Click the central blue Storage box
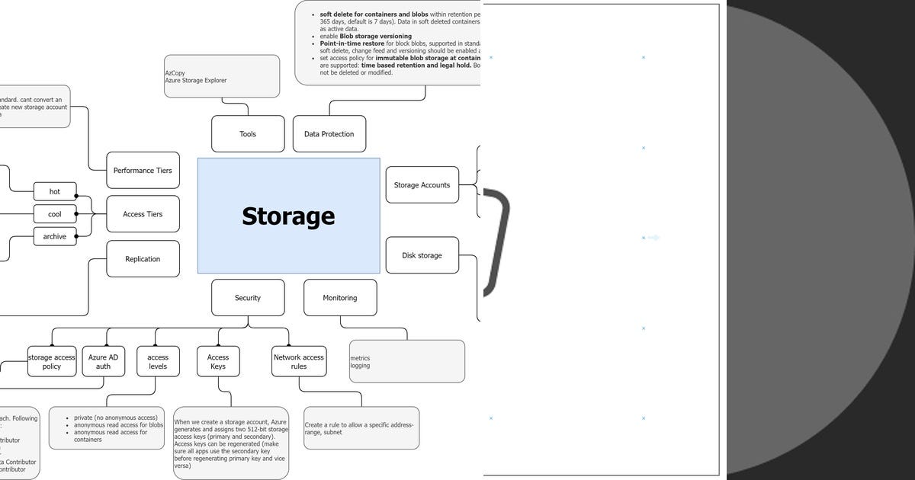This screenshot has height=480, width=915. pos(288,216)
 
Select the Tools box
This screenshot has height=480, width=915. pos(248,134)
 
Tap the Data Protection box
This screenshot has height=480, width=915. pos(329,134)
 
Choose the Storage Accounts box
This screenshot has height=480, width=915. pos(422,185)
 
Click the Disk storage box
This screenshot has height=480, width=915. pos(422,255)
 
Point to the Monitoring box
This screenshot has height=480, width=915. pos(340,298)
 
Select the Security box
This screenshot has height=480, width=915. pos(248,298)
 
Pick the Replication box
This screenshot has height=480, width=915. pos(143,259)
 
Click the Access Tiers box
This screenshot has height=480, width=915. pos(143,214)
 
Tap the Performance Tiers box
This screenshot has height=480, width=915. pos(143,171)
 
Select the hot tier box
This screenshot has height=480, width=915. pos(55,191)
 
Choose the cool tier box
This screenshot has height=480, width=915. pos(55,214)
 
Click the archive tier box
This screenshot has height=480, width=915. pos(55,236)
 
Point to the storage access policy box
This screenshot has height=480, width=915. pos(52,361)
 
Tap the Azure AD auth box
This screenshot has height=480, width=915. pos(103,361)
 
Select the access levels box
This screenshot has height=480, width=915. pos(158,361)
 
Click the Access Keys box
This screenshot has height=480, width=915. pos(218,361)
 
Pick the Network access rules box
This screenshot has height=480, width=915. pos(299,361)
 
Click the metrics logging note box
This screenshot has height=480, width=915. pos(406,361)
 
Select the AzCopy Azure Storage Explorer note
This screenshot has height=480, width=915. pos(222,76)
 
